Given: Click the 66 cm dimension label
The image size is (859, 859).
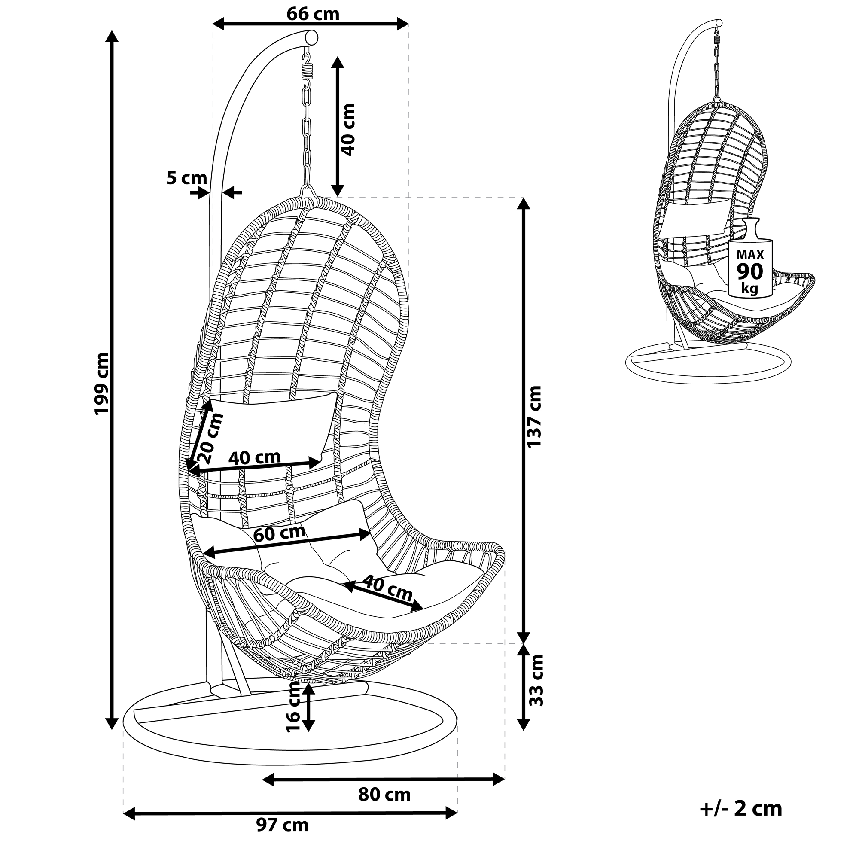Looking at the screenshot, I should point(313,14).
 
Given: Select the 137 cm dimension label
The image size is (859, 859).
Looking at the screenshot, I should point(533,417).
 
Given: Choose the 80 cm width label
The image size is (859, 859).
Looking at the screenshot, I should point(384,794).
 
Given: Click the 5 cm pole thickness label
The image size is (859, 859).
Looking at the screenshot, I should point(187,178).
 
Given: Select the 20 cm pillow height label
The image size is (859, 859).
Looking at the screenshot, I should point(211,438).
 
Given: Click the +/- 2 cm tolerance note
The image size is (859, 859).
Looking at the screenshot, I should point(741,808).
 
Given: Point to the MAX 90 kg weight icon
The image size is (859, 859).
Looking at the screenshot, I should point(750,262).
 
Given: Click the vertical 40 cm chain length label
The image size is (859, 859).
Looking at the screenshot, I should point(347,129).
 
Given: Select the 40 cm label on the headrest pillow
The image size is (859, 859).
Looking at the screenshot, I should point(255,457).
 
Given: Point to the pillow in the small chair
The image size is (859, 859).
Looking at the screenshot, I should point(694,217).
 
